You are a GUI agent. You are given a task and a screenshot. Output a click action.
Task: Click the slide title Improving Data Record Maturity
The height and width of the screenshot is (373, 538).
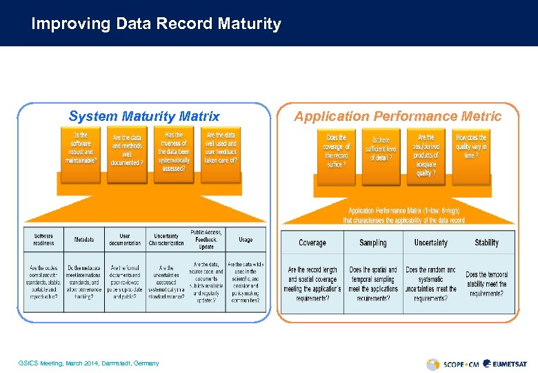[x=157, y=24]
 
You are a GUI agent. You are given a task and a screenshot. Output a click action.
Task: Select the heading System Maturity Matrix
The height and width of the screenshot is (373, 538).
[x=144, y=116]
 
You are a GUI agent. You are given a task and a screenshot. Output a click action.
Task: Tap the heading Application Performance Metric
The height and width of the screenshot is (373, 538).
[x=397, y=116]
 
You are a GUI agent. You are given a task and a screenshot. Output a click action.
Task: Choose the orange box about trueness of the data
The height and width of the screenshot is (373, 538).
[x=174, y=152]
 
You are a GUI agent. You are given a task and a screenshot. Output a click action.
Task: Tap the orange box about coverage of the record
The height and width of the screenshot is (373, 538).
[x=338, y=151]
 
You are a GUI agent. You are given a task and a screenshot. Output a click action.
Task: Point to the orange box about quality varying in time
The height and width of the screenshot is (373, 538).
[x=471, y=146]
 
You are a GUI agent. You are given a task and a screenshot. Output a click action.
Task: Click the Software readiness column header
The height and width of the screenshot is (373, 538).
[x=43, y=239]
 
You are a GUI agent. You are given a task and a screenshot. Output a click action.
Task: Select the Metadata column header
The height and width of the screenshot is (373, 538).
[x=84, y=240]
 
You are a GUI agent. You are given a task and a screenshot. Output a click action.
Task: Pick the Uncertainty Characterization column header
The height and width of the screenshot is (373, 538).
[x=166, y=239]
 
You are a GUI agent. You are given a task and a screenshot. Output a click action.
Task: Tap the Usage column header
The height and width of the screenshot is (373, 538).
[x=246, y=240]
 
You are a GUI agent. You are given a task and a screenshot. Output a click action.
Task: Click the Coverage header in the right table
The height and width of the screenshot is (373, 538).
[x=312, y=242]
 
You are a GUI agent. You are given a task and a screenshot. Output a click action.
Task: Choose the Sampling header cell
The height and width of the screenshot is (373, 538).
[x=373, y=242]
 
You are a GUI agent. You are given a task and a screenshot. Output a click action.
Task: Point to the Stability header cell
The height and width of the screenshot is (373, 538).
[x=487, y=242]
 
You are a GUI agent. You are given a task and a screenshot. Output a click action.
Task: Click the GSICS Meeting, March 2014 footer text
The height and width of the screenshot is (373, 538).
[x=90, y=363]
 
